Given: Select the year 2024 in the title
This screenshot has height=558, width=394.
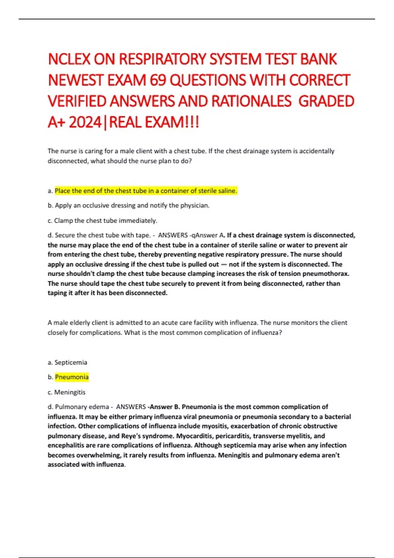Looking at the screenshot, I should click(85, 122).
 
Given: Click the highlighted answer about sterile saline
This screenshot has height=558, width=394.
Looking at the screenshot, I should click(146, 191).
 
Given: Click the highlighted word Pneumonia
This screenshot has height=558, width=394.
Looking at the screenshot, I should click(72, 377).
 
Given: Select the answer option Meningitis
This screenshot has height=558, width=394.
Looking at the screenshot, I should click(70, 392).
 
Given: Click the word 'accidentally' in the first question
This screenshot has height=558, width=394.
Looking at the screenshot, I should click(316, 151).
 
